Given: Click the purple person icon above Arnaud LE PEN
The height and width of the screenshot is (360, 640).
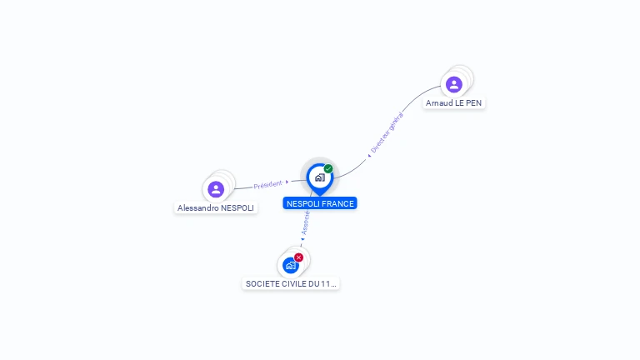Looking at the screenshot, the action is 454,84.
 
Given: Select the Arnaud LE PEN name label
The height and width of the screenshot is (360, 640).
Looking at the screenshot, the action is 453,103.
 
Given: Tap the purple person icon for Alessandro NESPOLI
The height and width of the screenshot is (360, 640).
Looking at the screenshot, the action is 216,189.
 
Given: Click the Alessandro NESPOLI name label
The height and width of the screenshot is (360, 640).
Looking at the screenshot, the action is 216,207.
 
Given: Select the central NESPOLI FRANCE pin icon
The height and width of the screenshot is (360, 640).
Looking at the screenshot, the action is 319,177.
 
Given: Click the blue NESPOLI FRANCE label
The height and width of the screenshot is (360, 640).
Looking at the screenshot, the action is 320,203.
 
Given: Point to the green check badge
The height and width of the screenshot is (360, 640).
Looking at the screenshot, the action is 328,169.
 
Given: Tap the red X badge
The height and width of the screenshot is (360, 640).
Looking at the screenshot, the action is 299,257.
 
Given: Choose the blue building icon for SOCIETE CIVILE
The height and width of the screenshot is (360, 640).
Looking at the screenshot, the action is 290,266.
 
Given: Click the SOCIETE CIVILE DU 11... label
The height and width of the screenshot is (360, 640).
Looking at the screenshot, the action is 291,283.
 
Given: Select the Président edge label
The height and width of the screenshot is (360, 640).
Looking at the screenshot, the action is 267,184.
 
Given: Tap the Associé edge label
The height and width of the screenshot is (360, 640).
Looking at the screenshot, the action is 306,221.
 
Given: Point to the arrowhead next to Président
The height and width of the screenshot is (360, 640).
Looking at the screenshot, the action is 287,182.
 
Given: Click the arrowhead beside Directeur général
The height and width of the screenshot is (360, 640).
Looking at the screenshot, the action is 369,155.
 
